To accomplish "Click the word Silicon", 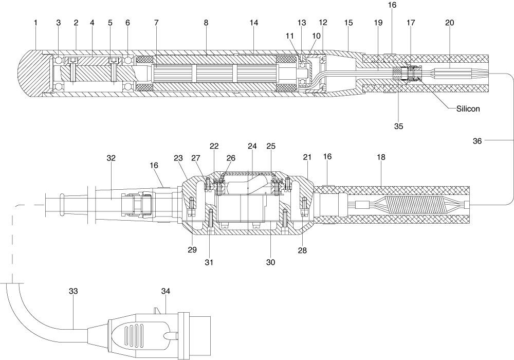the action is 468,109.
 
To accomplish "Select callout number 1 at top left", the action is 36,23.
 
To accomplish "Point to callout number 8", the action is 206,23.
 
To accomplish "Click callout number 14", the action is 254,23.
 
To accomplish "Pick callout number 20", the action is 450,23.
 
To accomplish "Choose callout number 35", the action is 399,126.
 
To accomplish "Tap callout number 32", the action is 111,158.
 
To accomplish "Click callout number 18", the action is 381,157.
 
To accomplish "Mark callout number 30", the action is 271,262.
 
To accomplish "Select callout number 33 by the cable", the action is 74,291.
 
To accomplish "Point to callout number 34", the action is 166,291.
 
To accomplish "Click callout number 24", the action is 252,146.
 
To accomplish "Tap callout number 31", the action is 209,262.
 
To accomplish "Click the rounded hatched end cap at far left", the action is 31,74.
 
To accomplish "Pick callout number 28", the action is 302,250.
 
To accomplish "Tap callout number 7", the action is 156,23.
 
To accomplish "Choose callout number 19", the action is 378,23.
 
